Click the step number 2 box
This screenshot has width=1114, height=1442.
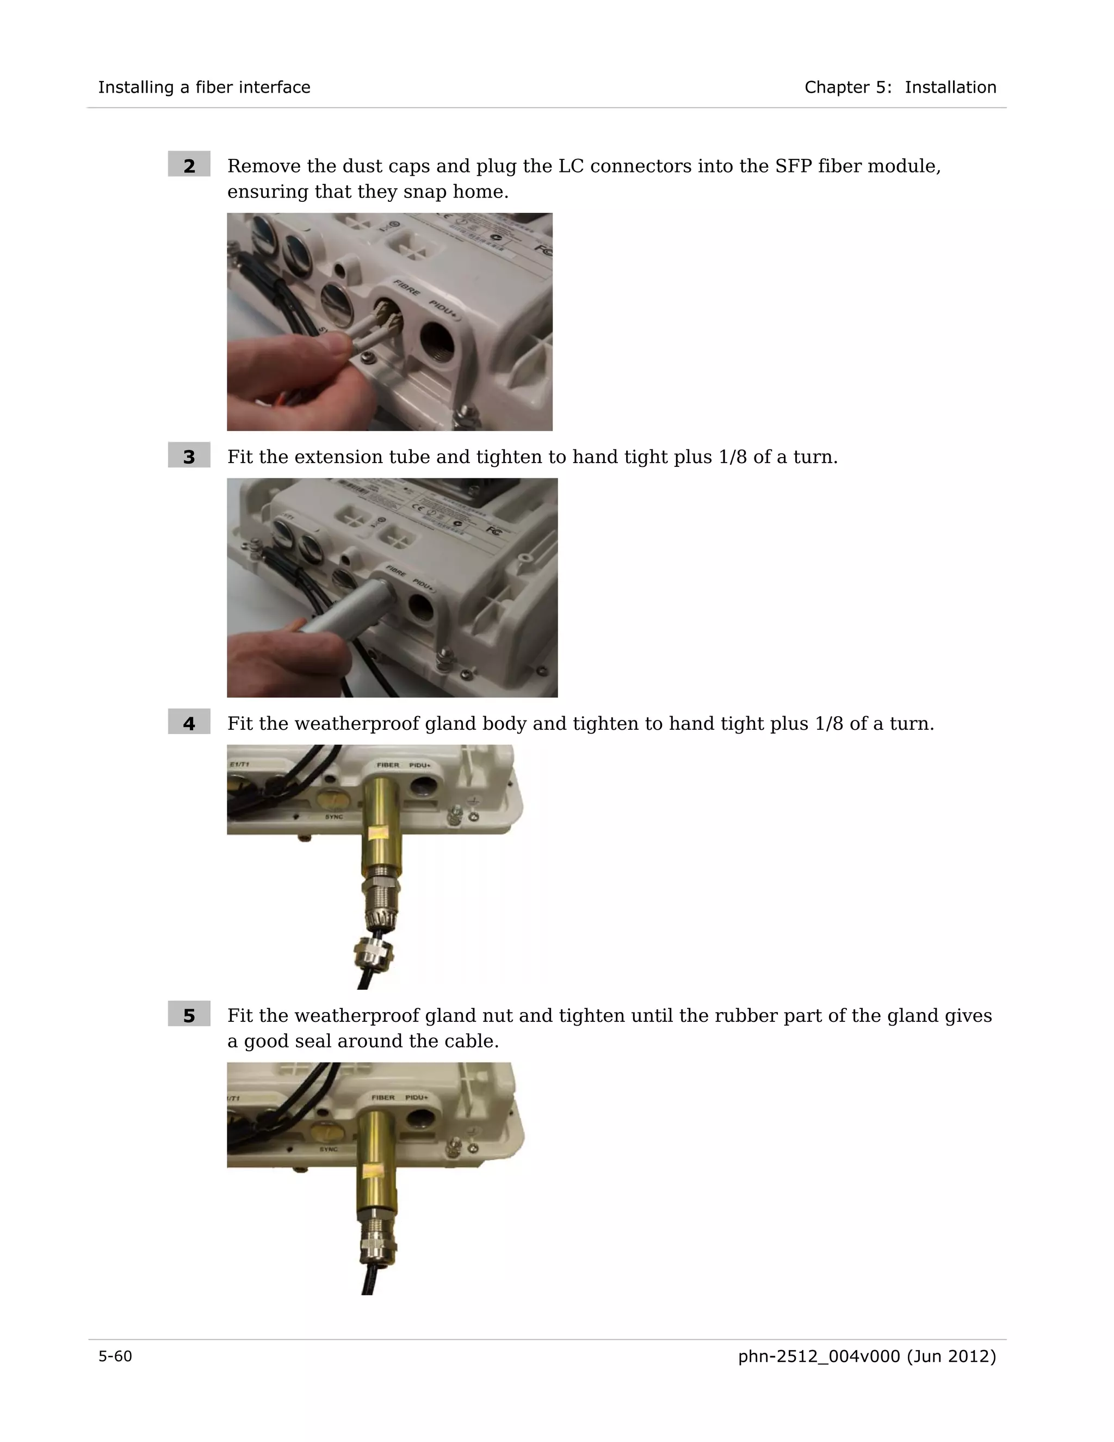coord(189,164)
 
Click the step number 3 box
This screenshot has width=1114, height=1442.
coord(189,455)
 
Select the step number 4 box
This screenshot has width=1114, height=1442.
coord(189,722)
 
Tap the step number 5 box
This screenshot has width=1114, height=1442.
coord(189,1014)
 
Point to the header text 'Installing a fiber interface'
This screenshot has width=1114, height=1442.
coord(204,87)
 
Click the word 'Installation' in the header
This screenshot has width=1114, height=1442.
coord(950,87)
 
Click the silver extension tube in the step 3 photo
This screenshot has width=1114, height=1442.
coord(350,605)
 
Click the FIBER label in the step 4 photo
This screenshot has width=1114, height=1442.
coord(388,765)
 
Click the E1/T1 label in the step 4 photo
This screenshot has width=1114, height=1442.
coord(239,764)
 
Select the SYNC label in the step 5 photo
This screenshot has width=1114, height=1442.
coord(329,1149)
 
